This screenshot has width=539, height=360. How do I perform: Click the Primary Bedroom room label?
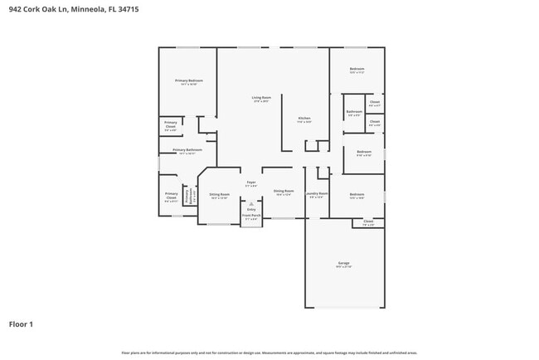[189, 80]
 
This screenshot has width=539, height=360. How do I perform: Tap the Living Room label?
[260, 98]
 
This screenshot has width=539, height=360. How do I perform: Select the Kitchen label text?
[304, 119]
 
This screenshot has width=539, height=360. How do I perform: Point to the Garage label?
[343, 264]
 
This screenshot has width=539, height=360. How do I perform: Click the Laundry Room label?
[318, 193]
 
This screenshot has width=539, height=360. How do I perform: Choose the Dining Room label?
[283, 192]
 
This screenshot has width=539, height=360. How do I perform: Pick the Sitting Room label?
[219, 194]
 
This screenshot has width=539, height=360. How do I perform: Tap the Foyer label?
[251, 182]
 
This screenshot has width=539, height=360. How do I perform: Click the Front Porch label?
[250, 216]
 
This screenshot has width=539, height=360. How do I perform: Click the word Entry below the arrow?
[251, 209]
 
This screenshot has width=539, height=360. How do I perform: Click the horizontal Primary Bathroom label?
[187, 150]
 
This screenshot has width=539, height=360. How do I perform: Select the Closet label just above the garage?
[368, 221]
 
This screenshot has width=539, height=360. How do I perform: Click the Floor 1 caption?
[21, 324]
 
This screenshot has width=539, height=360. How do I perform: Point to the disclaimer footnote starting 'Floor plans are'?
[269, 353]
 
